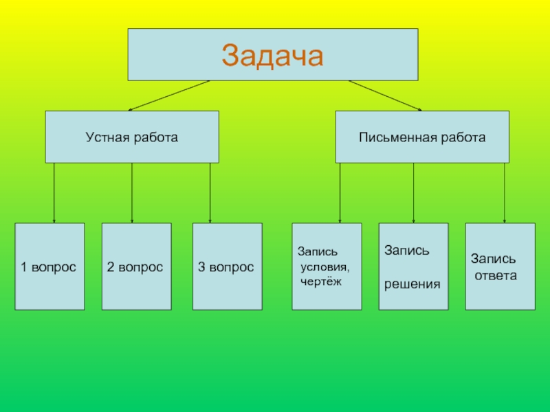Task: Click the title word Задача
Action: [x=272, y=55]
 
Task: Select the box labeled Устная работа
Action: [x=132, y=137]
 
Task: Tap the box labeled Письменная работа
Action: [x=422, y=137]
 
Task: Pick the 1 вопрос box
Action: [x=49, y=266]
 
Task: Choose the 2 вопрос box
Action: [x=136, y=266]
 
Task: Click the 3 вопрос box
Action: [x=227, y=266]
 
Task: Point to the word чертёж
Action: [x=320, y=281]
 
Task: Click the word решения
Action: [x=412, y=283]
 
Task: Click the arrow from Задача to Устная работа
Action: [x=168, y=95]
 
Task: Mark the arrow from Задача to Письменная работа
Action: [x=385, y=95]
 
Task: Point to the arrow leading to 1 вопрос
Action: [x=54, y=192]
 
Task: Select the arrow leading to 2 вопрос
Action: [x=132, y=192]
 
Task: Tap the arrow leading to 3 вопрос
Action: [x=210, y=192]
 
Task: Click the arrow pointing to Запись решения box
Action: [x=413, y=192]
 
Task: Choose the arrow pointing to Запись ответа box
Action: [x=505, y=192]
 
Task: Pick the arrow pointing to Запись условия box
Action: [x=340, y=192]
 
